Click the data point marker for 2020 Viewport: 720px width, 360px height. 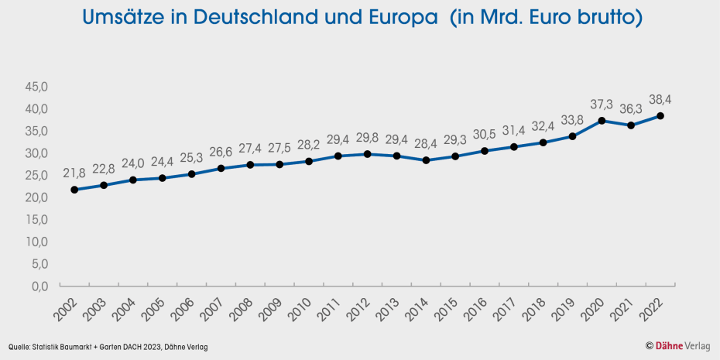[x=602, y=121]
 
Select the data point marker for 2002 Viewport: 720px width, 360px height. [x=74, y=190]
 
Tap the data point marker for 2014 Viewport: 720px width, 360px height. [x=426, y=160]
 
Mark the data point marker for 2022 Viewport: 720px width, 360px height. [x=660, y=116]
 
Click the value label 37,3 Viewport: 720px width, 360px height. [x=602, y=105]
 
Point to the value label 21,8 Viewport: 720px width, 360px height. [x=74, y=173]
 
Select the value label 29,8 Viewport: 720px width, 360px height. [x=367, y=138]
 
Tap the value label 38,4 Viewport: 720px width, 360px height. [x=660, y=100]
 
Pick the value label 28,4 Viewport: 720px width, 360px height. [x=426, y=144]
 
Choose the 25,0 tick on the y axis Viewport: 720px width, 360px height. [x=37, y=176]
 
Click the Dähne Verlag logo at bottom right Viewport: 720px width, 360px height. [x=677, y=346]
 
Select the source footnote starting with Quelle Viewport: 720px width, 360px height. [x=108, y=347]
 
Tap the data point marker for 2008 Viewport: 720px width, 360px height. [x=250, y=165]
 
